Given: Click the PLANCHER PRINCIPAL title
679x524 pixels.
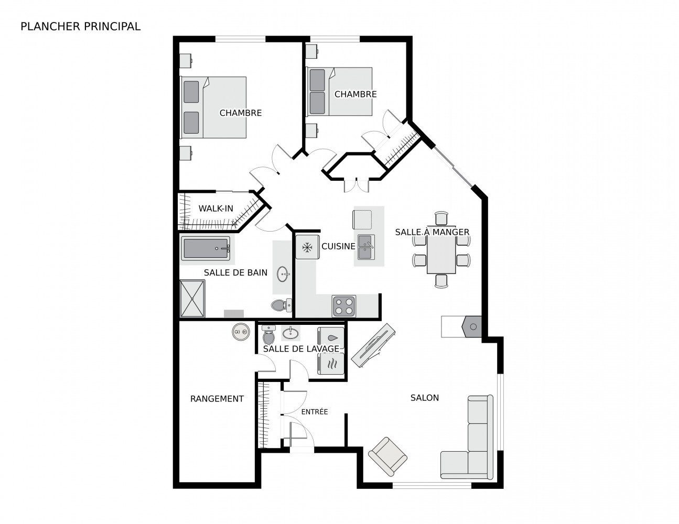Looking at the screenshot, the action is coord(80,27).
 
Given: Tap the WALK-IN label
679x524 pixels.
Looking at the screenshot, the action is coord(215,208).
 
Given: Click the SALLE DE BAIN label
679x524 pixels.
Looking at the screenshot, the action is coord(235,272).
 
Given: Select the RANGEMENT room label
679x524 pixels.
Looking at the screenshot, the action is coord(217,399).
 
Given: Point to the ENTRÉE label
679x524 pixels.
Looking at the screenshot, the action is coord(315,411).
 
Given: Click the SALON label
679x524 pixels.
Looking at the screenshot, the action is coord(424,398).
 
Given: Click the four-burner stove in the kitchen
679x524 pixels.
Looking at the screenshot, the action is coord(344,306).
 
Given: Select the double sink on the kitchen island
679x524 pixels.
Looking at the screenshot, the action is coord(366,247).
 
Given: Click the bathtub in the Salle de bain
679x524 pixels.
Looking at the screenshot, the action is coord(206,248).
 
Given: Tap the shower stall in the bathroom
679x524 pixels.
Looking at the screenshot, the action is coord(192,298).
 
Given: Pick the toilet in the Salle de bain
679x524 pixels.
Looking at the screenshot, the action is coord(282,305).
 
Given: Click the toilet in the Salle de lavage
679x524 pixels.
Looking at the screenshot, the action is coord(268,334).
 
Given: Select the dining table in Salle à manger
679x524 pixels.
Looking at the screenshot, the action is coord(441,249).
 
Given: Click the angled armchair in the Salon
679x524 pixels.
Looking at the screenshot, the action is coord(387,456).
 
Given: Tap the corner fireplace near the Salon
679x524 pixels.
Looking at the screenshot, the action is coord(471,326).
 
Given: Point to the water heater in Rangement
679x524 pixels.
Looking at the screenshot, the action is coord(241,332).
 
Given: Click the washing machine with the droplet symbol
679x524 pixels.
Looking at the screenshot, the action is coord(331,337).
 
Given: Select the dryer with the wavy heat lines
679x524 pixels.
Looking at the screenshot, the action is coord(331,364).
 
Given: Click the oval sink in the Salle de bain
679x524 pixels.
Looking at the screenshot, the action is coord(283,274).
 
